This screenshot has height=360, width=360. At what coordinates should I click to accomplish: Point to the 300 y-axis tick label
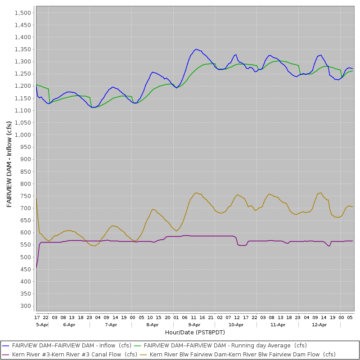(x=25, y=306)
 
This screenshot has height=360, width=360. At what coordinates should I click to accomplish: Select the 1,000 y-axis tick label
(x=22, y=135)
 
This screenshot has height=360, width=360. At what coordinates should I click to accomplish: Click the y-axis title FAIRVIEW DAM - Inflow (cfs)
(x=9, y=164)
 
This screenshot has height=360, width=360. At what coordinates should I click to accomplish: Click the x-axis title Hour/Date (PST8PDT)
(x=195, y=332)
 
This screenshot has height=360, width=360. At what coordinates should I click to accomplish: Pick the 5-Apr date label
(x=42, y=324)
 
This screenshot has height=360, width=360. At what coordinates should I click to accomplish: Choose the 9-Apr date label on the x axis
(x=194, y=324)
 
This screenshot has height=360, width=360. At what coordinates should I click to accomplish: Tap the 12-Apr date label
(x=319, y=324)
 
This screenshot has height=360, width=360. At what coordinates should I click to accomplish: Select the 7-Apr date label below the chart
(x=111, y=324)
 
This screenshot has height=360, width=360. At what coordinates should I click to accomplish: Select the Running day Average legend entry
(x=225, y=346)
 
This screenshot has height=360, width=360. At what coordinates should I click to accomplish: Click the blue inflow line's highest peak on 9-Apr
(x=196, y=49)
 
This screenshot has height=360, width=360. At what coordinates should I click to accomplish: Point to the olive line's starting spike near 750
(x=36, y=197)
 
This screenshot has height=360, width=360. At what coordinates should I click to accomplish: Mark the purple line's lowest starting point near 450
(x=36, y=269)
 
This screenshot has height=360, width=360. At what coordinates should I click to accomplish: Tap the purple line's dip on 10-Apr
(x=241, y=245)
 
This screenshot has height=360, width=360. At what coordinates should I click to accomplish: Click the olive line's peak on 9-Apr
(x=196, y=193)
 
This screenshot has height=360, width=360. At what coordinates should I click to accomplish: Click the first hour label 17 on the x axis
(x=37, y=317)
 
